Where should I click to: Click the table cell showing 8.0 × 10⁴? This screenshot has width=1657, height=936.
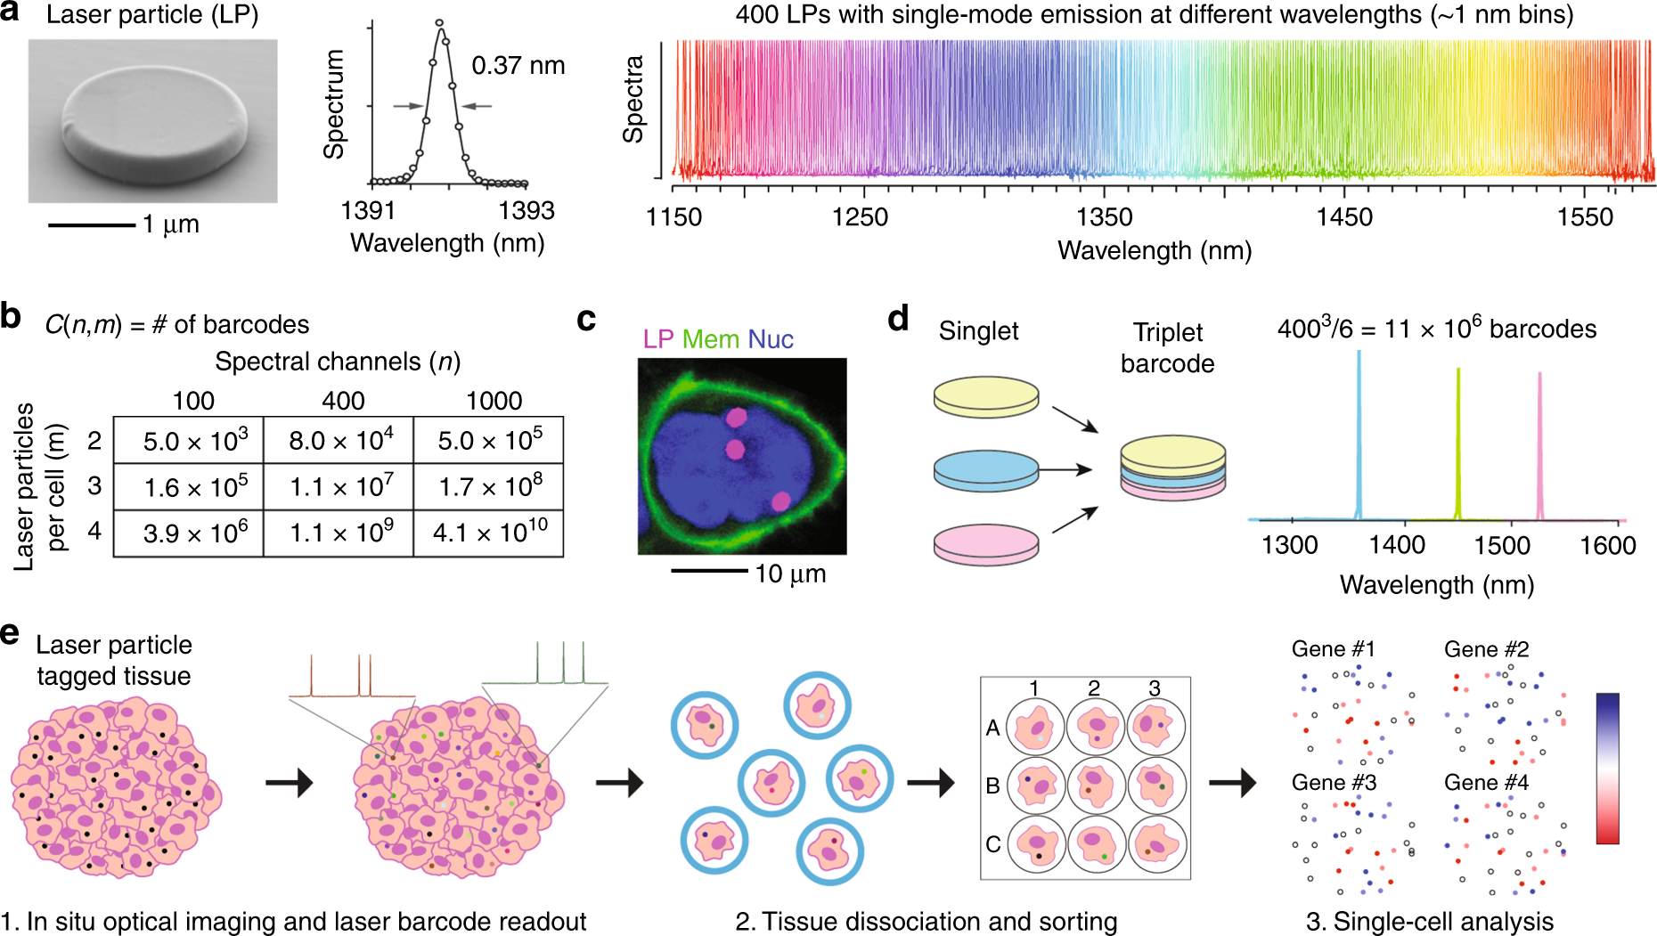[x=339, y=440]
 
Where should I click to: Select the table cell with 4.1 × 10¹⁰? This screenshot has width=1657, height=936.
[x=489, y=533]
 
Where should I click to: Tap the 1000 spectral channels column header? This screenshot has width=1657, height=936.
[x=494, y=401]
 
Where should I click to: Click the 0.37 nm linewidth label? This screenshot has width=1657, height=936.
[x=518, y=66]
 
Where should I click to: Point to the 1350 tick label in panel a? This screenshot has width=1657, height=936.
[x=1104, y=217]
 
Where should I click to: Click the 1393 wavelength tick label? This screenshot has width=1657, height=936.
[x=526, y=211]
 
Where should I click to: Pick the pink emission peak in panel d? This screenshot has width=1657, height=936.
[x=1539, y=445]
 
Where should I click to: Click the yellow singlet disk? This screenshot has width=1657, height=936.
[x=986, y=397]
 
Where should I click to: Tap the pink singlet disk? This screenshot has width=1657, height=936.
[x=986, y=542]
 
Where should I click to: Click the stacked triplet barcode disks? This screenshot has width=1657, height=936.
[x=1172, y=467]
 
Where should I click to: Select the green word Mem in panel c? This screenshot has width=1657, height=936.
[x=710, y=339]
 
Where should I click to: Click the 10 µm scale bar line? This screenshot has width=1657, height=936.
[x=709, y=571]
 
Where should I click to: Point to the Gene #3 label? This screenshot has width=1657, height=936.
[x=1334, y=783]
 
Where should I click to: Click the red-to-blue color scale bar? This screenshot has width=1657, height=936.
[x=1607, y=768]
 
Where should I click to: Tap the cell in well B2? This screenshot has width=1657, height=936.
[x=1095, y=785]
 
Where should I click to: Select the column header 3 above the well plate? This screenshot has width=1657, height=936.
[x=1155, y=688]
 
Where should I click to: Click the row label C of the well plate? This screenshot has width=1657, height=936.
[x=993, y=844]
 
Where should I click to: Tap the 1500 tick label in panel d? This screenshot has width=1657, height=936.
[x=1502, y=545]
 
